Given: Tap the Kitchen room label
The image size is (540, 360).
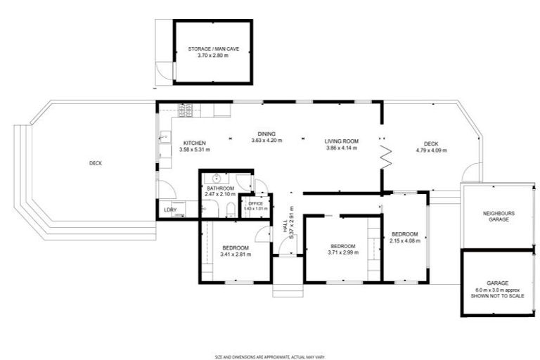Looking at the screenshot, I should [194, 143].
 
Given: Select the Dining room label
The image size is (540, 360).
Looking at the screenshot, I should [266, 134].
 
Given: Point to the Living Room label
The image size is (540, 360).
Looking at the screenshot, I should [342, 141].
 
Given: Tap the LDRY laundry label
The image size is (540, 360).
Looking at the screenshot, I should [170, 209].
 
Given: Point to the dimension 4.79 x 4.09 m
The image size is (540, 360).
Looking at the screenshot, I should [431, 150].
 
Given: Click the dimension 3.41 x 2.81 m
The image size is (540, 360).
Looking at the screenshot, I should [235, 255].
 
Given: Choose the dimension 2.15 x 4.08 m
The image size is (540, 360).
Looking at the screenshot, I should [404, 240].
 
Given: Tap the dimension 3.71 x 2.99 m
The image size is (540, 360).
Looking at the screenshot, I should [344, 252].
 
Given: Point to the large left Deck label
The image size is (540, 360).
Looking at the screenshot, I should [96, 164].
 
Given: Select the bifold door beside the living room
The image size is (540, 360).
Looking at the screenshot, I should [385, 155].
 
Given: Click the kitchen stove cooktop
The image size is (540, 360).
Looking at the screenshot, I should [185, 110].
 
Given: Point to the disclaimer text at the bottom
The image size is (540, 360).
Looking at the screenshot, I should [270, 356].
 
